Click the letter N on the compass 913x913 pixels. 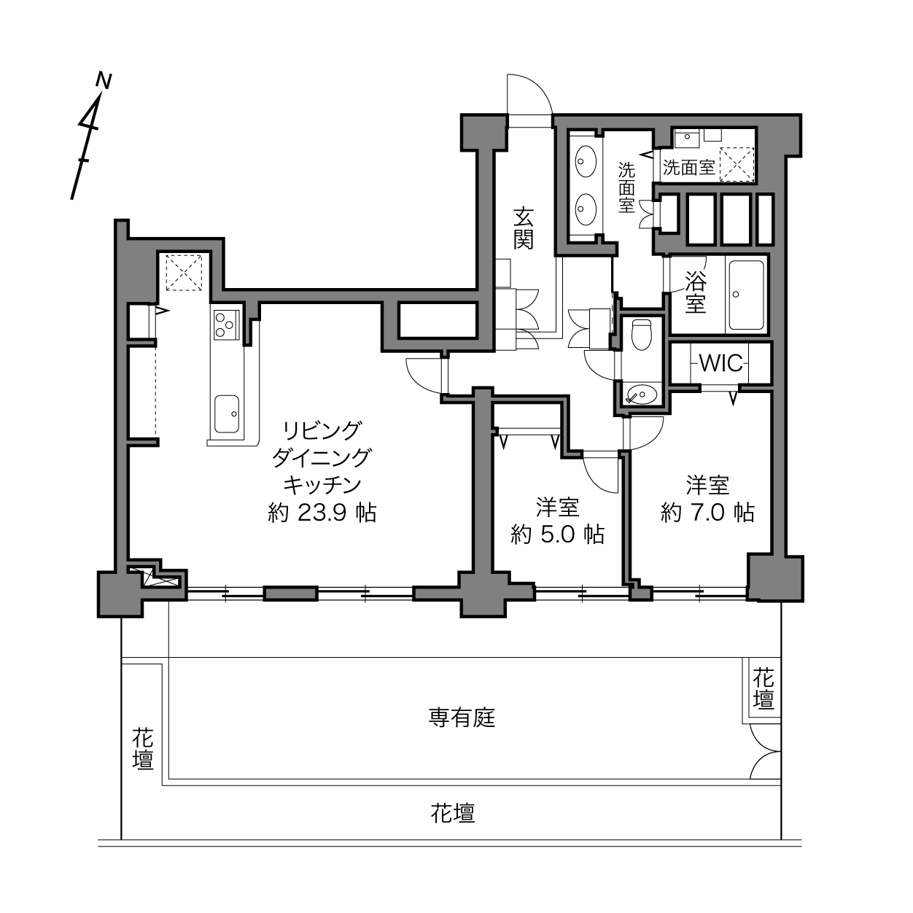(x=104, y=80)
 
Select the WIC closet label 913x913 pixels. (x=720, y=363)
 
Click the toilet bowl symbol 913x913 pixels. (x=642, y=334)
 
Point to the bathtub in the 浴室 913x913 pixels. (x=746, y=294)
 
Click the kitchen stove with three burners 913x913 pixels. (x=225, y=325)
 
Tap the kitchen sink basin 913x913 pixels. (x=227, y=413)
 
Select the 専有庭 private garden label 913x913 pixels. (x=462, y=718)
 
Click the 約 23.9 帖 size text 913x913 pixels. (x=322, y=513)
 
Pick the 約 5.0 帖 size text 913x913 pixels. (x=558, y=535)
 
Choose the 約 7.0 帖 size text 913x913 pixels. (x=707, y=512)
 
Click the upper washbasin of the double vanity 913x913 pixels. (x=586, y=162)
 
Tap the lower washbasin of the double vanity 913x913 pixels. (x=586, y=209)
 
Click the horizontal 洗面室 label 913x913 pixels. (x=688, y=167)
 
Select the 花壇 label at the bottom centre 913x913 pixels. (x=452, y=813)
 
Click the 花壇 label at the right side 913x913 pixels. (x=764, y=688)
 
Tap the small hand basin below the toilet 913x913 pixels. (x=642, y=394)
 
